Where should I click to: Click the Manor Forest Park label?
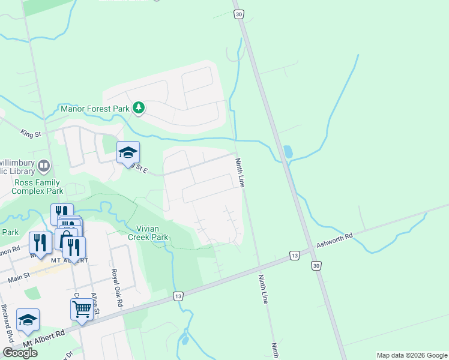pos(95,109)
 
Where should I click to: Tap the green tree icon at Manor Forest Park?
pos(139,108)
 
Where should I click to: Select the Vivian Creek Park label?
pos(147,233)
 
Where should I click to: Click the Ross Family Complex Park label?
pos(37,187)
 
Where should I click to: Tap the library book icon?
pos(44,165)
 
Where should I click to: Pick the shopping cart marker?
pos(81,310)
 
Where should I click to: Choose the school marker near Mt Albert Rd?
pos(28,320)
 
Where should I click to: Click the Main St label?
pos(19,278)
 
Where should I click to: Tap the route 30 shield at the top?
pos(239,14)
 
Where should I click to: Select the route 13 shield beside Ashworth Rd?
pos(294,256)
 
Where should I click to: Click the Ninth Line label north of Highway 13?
pos(240,173)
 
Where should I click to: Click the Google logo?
pos(20,353)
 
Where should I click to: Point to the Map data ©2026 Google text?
pos(412,355)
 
